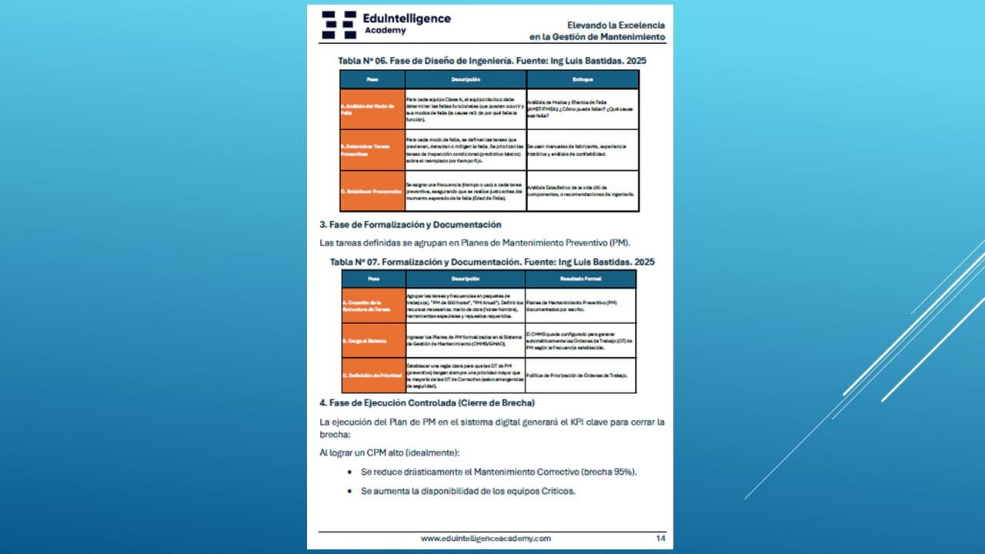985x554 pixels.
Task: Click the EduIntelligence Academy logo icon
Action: (339, 25)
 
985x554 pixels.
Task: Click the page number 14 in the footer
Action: (660, 539)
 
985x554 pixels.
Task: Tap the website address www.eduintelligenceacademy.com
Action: (486, 539)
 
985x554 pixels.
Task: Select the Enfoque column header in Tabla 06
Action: (583, 79)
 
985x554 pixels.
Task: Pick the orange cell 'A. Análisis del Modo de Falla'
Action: (372, 109)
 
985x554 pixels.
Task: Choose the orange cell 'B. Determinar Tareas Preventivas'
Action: (372, 150)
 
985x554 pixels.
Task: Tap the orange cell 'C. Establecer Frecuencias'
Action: (372, 191)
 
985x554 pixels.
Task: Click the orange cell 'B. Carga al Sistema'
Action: (373, 340)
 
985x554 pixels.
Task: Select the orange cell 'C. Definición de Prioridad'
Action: (373, 375)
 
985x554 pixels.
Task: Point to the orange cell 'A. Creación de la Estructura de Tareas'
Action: (373, 305)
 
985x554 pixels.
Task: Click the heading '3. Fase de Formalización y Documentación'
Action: (410, 225)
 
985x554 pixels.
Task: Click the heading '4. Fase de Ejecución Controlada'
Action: (427, 402)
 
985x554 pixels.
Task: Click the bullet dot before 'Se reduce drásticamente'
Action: (350, 472)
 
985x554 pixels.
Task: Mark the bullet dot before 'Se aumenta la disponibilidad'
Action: (350, 491)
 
